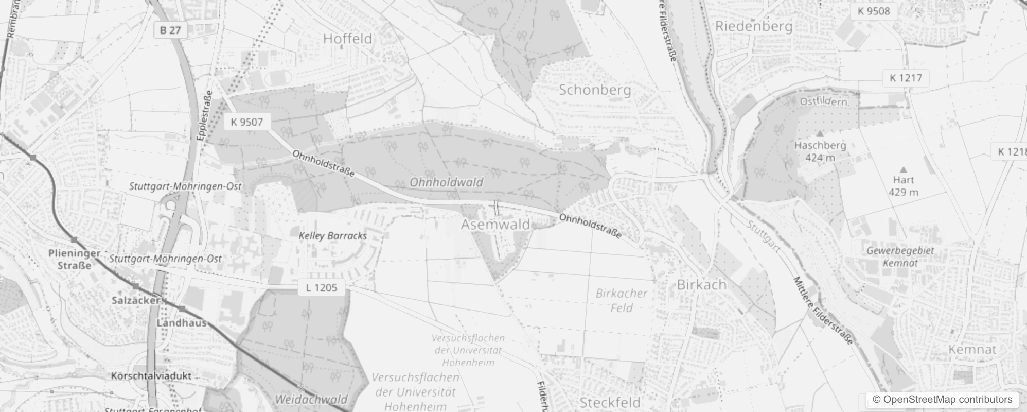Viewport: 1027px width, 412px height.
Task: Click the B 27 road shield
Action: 170,30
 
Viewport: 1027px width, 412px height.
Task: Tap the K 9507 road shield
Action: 247,122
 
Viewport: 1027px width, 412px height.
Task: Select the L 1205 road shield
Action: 321,287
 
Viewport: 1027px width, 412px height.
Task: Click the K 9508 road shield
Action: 874,11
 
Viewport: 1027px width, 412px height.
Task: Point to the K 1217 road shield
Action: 906,78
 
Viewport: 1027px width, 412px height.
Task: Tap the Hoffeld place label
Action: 347,39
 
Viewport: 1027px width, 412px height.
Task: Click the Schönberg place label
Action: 595,90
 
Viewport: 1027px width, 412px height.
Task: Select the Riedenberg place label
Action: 754,26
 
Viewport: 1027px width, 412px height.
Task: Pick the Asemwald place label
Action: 495,225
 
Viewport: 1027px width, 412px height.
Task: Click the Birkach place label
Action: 702,284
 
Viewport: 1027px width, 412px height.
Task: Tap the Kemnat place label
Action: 972,350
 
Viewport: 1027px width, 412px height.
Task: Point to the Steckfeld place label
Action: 610,402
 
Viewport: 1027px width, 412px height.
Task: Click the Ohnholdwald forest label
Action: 446,182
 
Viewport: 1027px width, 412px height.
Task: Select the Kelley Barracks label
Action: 333,236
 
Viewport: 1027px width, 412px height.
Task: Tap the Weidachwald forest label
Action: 311,399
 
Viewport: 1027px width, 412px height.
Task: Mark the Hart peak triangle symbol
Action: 903,169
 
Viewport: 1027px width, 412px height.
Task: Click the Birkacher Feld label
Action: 621,300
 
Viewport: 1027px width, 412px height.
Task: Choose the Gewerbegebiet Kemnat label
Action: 900,256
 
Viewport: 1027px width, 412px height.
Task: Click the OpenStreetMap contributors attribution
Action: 942,400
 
